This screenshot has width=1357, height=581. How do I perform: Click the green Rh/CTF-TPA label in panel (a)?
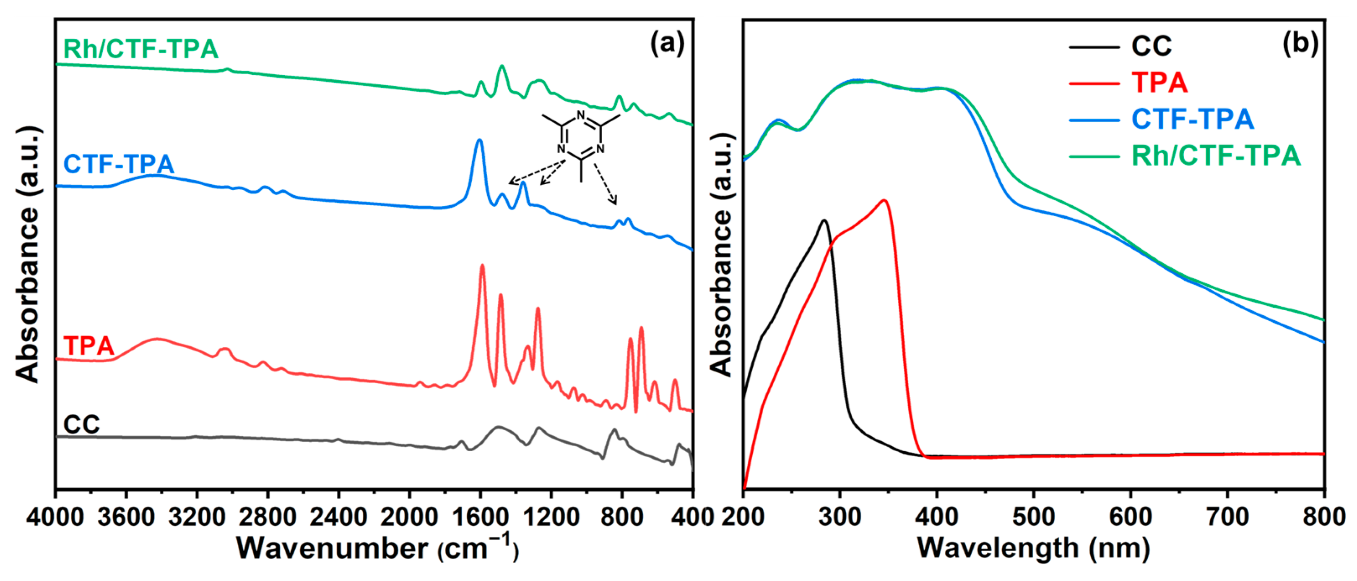pyautogui.click(x=140, y=49)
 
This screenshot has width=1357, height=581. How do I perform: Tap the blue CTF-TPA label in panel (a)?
pyautogui.click(x=119, y=164)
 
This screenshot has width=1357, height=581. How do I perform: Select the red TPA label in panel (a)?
pyautogui.click(x=88, y=346)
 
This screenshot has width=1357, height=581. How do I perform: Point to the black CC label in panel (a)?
pyautogui.click(x=82, y=424)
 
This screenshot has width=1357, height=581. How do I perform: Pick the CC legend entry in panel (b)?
pyautogui.click(x=1151, y=47)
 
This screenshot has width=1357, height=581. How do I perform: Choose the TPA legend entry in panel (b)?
pyautogui.click(x=1159, y=83)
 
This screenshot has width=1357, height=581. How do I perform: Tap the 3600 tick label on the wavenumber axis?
pyautogui.click(x=126, y=516)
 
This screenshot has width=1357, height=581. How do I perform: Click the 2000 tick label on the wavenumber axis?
pyautogui.click(x=409, y=516)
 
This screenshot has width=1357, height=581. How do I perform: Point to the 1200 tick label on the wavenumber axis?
pyautogui.click(x=551, y=516)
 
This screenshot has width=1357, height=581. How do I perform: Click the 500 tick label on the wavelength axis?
pyautogui.click(x=1034, y=516)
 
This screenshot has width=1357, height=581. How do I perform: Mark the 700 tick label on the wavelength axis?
pyautogui.click(x=1227, y=516)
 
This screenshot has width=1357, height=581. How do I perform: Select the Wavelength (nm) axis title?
pyautogui.click(x=1034, y=548)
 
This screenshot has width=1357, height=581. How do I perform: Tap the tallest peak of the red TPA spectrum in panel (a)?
pyautogui.click(x=482, y=266)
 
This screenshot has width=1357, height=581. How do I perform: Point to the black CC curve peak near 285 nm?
pyautogui.click(x=824, y=220)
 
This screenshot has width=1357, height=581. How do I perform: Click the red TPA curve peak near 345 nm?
pyautogui.click(x=884, y=200)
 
